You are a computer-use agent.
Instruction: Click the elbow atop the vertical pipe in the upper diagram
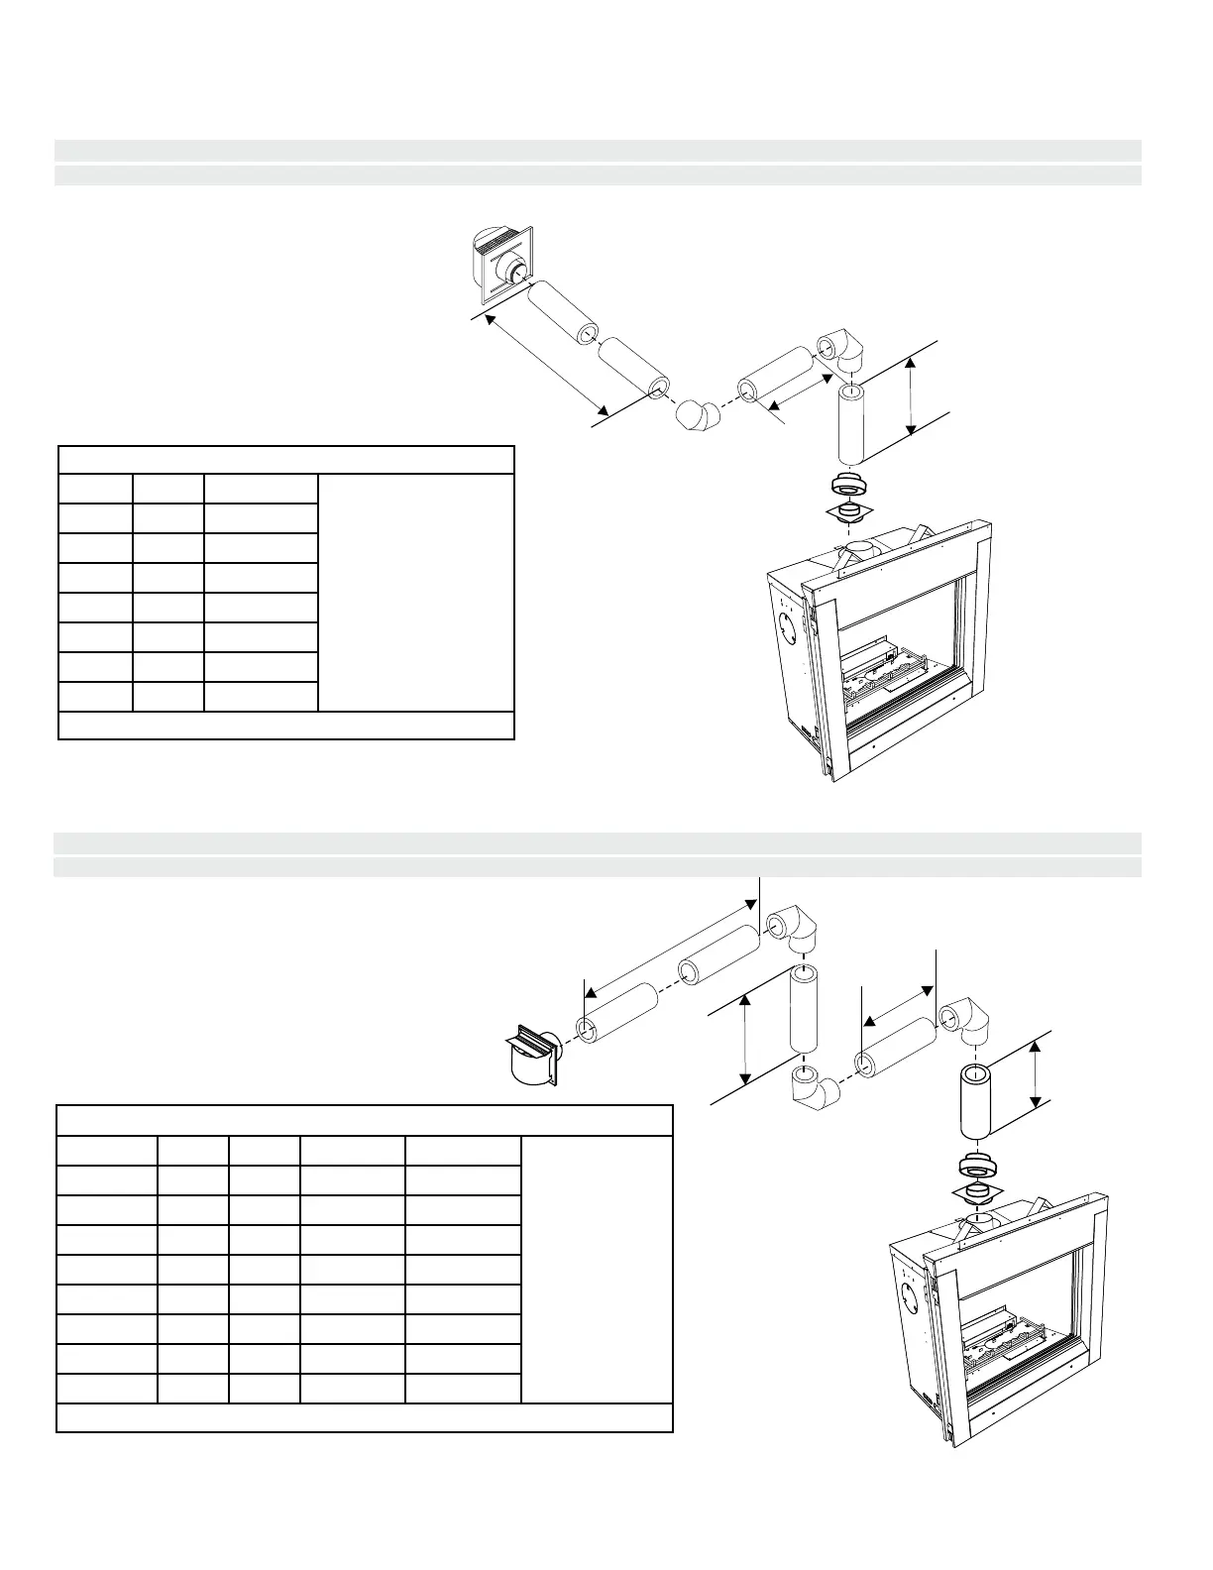[x=842, y=352]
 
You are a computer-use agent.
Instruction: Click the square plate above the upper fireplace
[x=847, y=512]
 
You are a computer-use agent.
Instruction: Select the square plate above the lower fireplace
[x=976, y=1190]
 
